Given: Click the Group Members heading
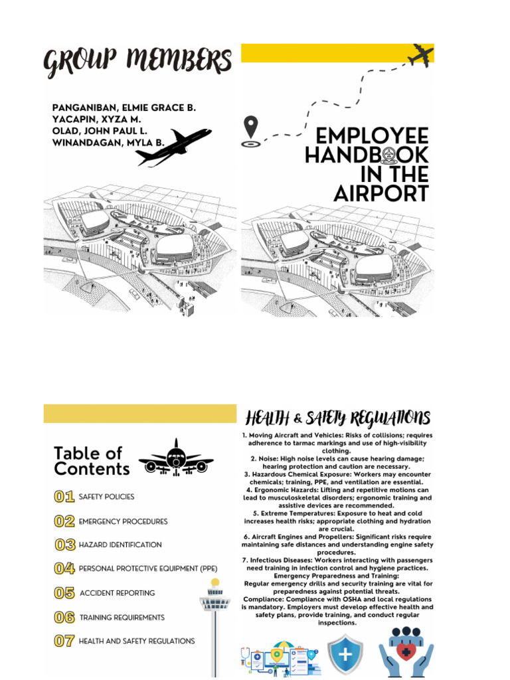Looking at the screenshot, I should (x=138, y=63).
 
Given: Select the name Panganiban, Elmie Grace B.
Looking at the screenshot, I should (x=124, y=107).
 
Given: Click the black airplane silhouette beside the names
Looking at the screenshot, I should (x=173, y=146).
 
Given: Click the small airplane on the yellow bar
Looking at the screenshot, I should (x=420, y=56).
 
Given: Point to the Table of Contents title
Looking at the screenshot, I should (x=92, y=462).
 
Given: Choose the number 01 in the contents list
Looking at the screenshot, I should (x=64, y=497).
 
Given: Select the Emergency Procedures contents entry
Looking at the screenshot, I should (x=123, y=522).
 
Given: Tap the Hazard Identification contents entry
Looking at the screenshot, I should (x=120, y=545).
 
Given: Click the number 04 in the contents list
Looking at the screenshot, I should (x=64, y=568).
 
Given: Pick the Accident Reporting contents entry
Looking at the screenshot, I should (x=117, y=593).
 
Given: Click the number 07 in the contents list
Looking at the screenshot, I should (x=64, y=641).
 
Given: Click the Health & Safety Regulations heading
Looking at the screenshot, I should (x=338, y=418).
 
